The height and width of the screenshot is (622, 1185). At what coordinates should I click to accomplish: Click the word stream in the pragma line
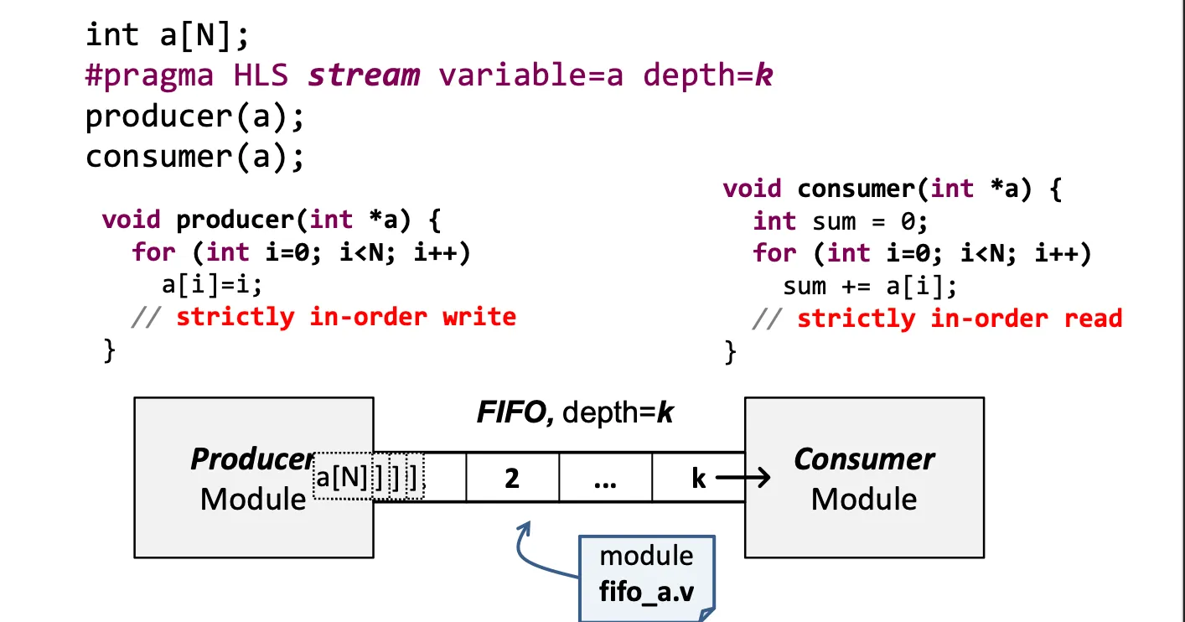(x=364, y=75)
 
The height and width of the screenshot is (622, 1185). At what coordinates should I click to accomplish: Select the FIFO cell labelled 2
(x=512, y=478)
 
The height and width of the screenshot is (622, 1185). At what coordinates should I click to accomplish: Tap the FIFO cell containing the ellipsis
(x=604, y=478)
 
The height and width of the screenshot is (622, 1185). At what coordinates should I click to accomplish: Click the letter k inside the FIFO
(x=698, y=479)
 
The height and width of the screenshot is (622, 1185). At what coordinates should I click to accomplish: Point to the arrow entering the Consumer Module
(x=743, y=479)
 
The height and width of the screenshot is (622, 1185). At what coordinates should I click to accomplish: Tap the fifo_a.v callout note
(x=646, y=575)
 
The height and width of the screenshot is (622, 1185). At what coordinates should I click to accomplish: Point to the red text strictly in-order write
(x=345, y=317)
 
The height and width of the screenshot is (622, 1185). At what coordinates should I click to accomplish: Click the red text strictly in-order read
(x=959, y=319)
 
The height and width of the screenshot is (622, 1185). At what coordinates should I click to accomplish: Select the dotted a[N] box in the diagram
(x=342, y=478)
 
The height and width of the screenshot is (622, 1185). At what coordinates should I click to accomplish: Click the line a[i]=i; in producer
(x=212, y=285)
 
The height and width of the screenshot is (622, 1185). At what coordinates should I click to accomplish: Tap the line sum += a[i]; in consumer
(x=869, y=287)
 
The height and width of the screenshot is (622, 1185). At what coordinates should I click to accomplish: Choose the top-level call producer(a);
(x=194, y=117)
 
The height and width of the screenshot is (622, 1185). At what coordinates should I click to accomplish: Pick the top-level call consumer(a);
(x=194, y=157)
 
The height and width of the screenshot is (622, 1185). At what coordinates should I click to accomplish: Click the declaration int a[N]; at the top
(x=168, y=35)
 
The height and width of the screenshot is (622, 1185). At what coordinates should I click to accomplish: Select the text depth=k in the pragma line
(x=707, y=75)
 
